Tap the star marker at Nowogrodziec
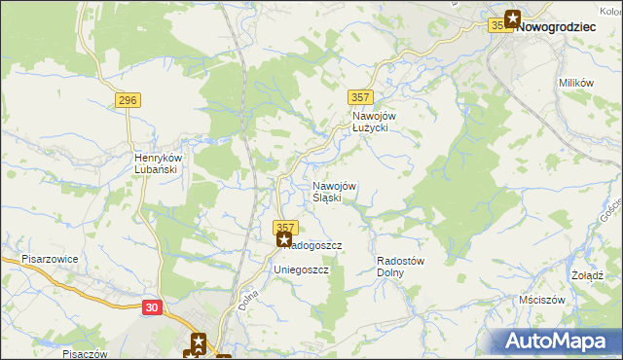pyautogui.click(x=512, y=18)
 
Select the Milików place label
pyautogui.click(x=576, y=84)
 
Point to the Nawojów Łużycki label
pyautogui.click(x=370, y=121)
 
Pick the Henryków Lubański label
pyautogui.click(x=160, y=164)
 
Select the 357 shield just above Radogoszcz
pyautogui.click(x=284, y=226)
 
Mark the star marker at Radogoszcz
pyautogui.click(x=284, y=238)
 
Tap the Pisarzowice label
pyautogui.click(x=50, y=261)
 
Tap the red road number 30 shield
pyautogui.click(x=150, y=306)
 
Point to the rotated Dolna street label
pyautogui.click(x=248, y=298)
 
